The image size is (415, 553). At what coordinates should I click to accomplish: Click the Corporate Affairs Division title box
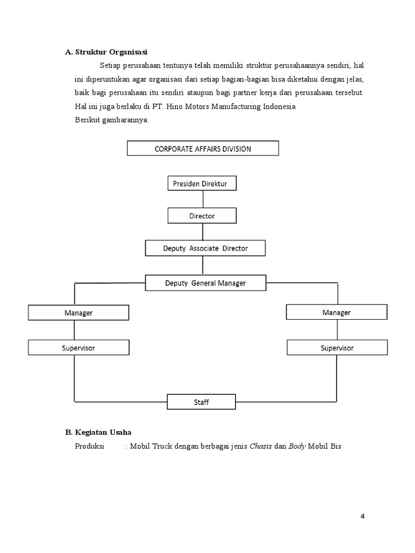pos(203,149)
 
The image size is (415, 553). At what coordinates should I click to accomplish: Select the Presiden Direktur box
pos(202,184)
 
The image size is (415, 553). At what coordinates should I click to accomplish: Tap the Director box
pos(202,216)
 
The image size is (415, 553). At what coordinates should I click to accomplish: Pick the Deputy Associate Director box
pos(205,248)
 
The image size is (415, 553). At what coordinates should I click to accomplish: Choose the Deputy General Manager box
pos(205,282)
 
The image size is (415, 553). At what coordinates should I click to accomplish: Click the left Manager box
pos(78,313)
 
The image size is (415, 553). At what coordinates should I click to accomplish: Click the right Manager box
pos(336,312)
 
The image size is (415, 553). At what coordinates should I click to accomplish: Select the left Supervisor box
pos(78,348)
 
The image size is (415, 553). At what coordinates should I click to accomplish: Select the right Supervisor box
pos(337,348)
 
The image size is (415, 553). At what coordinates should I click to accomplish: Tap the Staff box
pos(201,402)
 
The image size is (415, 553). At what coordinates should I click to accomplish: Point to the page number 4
pos(363,516)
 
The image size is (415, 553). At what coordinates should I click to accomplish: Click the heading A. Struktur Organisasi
pos(106,52)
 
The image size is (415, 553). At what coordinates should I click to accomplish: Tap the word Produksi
pos(89,447)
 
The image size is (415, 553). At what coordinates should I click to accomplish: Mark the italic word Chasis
pos(260,447)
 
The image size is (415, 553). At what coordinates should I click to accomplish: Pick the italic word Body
pos(297,447)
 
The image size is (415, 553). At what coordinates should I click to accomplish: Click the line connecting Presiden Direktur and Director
pos(203,200)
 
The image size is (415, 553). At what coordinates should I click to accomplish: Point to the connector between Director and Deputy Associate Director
pos(203,232)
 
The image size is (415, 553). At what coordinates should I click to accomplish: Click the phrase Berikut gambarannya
pos(111,120)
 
